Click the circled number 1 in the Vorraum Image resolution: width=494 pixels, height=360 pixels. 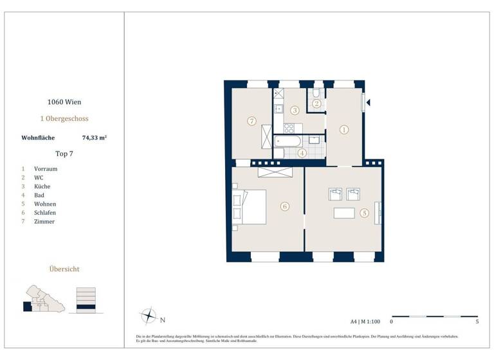(343, 129)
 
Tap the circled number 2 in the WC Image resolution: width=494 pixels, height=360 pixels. (316, 104)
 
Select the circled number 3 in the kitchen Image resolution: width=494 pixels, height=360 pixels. (295, 111)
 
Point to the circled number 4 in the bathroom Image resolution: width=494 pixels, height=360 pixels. (302, 153)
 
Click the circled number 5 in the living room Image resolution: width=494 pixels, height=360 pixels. (364, 213)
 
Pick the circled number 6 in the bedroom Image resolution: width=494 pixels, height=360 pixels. (284, 206)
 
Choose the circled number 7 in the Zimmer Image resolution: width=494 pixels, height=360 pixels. (252, 120)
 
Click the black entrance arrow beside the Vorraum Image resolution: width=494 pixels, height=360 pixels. (369, 102)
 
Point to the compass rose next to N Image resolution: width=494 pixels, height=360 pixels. (149, 316)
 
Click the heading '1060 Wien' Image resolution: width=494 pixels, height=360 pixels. (64, 102)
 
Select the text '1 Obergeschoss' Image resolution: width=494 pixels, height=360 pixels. (64, 119)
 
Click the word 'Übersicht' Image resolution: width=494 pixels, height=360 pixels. (64, 269)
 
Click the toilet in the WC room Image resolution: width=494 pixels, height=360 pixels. (316, 93)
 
